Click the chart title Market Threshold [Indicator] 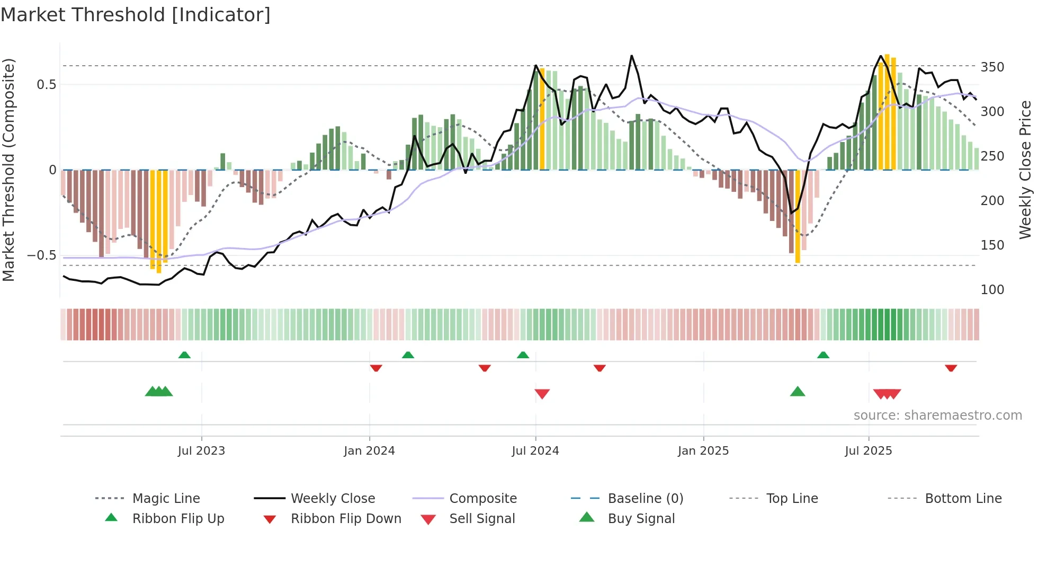(136, 15)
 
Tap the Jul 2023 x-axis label (201, 451)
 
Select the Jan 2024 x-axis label (369, 451)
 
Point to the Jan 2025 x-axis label (703, 451)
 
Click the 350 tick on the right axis (992, 67)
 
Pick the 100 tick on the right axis (992, 290)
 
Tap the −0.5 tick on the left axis (41, 255)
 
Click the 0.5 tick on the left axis (46, 85)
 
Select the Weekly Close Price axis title (1025, 170)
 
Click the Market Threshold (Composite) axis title (8, 170)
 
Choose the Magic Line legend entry (166, 499)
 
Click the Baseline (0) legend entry (645, 499)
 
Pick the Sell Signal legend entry (482, 519)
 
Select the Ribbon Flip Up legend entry (178, 519)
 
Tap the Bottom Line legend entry (963, 499)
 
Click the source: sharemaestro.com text (937, 415)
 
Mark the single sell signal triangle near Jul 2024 (542, 393)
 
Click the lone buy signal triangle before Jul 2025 (798, 392)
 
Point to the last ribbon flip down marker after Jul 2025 (951, 368)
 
